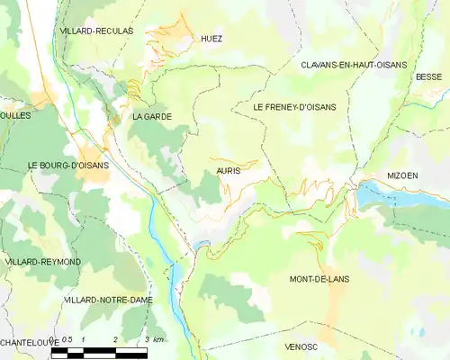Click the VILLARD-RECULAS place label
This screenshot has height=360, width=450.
[95, 31]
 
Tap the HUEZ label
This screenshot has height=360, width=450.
[211, 39]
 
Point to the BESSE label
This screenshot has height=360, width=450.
[428, 77]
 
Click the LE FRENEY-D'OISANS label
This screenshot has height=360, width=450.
[294, 107]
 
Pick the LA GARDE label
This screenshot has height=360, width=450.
[151, 117]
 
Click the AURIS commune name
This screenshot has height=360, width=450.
[229, 169]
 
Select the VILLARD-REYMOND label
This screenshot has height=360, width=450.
[42, 262]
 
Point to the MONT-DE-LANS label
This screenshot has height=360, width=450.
[319, 279]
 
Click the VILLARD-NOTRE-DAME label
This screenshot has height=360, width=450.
[109, 299]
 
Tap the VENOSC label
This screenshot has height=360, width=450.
[301, 346]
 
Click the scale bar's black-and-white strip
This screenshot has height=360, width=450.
[99, 352]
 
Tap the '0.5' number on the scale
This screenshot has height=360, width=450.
[66, 339]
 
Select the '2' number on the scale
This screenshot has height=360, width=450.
[115, 339]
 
